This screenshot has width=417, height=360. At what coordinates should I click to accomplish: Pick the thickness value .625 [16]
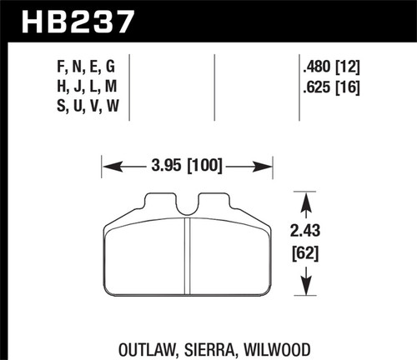click(x=332, y=83)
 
